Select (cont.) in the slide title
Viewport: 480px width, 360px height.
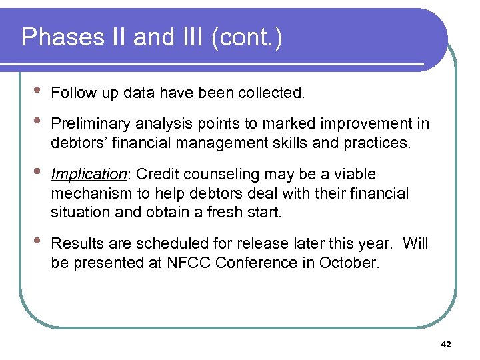tap(246, 38)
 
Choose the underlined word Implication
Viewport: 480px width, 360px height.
tap(89, 175)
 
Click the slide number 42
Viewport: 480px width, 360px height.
tap(446, 345)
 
